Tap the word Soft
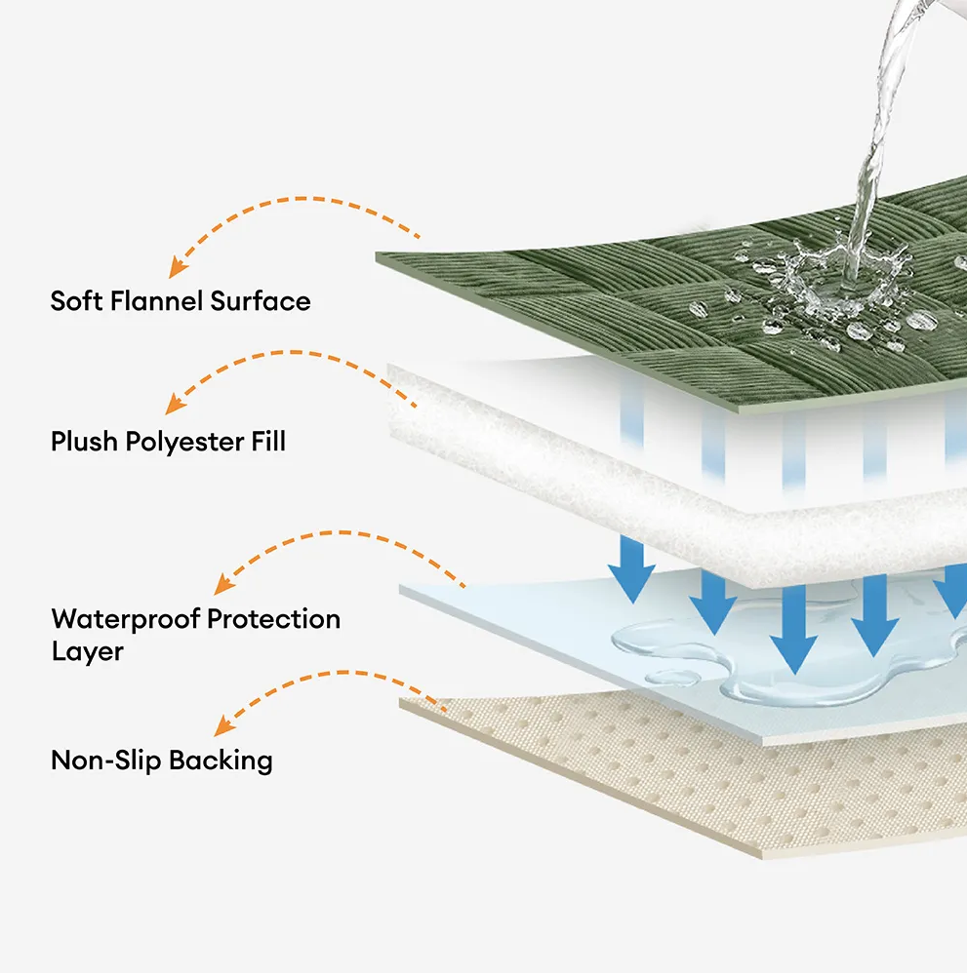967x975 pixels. coord(76,301)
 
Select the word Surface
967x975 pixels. coord(261,301)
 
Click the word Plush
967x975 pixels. coord(84,442)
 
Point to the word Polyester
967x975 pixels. coord(184,443)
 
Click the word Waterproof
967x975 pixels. coord(126,619)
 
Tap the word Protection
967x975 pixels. coord(274,619)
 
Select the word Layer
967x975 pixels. coord(88,652)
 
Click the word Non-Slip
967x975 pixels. coord(105,760)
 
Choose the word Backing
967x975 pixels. coord(221,761)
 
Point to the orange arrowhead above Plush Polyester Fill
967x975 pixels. coord(175,405)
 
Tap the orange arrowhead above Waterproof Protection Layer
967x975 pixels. coord(223,584)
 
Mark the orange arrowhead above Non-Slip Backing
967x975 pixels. coord(223,725)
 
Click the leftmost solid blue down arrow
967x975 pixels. coord(632,569)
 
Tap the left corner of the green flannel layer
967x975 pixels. coord(376,253)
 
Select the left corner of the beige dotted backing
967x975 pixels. coord(399,701)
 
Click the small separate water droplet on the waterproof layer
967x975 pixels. coord(673,678)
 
